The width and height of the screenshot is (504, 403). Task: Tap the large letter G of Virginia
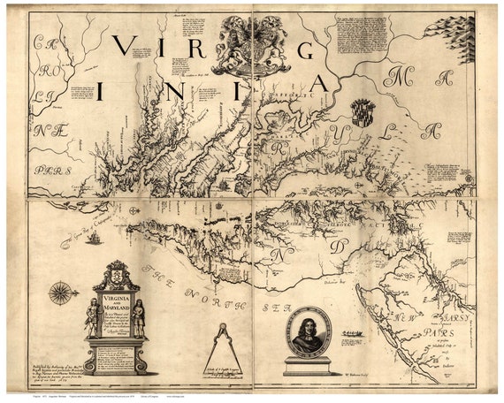click(x=306, y=50)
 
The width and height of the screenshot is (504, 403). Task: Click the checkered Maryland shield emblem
click(x=363, y=112)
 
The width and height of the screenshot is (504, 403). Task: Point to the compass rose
click(x=62, y=293)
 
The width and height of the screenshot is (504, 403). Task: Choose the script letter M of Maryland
click(x=394, y=78)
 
